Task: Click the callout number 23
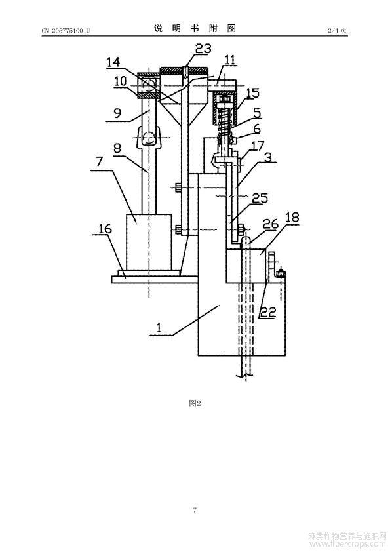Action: pos(203,49)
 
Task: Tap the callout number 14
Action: pos(113,63)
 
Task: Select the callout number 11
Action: pos(229,60)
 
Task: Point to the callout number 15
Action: pos(252,93)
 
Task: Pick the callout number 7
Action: pos(99,161)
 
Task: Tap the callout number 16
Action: pos(105,229)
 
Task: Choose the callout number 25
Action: pos(261,198)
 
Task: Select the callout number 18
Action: pos(292,217)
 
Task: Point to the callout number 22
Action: pos(268,312)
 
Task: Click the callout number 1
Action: pos(159,328)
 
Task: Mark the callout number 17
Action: pos(258,145)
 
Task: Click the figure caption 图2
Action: pos(195,403)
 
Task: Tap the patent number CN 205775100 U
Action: pos(66,31)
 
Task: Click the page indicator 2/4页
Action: pos(337,31)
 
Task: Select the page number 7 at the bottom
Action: pos(195,510)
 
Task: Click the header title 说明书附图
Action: pos(195,28)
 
